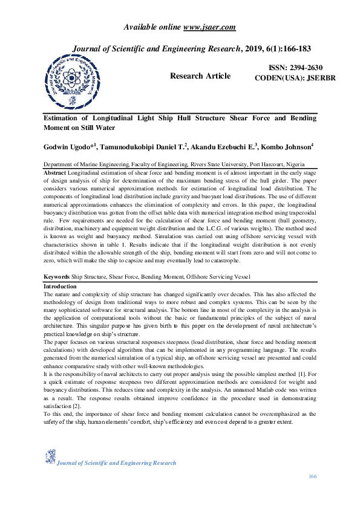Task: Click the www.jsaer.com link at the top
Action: tap(209, 27)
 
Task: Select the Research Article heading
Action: tap(200, 76)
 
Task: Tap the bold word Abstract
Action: tap(54, 172)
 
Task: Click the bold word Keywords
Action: tap(57, 276)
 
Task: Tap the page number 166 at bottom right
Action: tap(312, 477)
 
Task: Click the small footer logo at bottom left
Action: tap(50, 457)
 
